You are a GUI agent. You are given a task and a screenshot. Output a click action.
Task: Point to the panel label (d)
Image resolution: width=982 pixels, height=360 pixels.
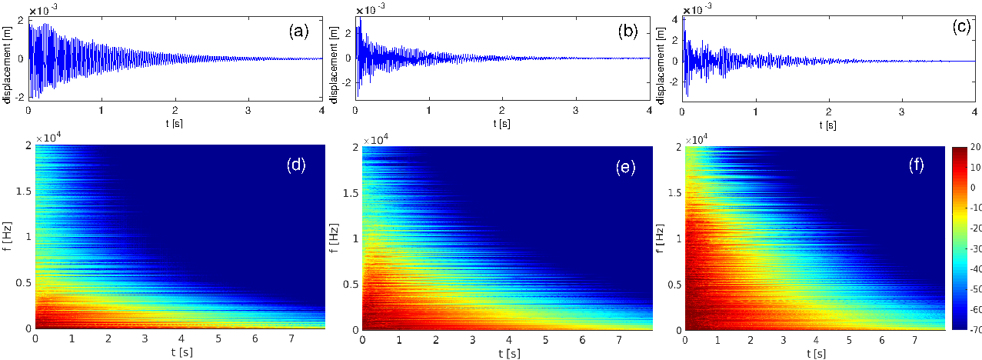(294, 164)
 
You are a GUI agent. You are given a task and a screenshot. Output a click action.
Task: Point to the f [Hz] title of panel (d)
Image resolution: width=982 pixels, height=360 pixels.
(7, 236)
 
